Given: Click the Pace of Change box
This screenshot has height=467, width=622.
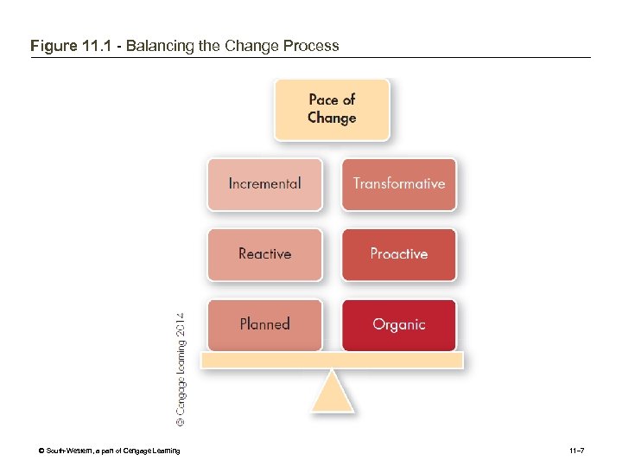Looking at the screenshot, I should (332, 109).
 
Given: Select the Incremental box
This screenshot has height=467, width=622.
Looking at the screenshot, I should (264, 183).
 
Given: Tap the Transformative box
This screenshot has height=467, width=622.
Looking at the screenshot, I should (398, 183).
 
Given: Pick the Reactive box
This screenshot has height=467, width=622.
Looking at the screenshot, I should (264, 254).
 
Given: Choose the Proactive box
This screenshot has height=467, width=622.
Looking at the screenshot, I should (398, 254).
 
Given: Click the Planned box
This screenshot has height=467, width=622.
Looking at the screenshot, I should (264, 324).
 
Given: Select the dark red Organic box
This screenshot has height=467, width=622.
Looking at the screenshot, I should (398, 324).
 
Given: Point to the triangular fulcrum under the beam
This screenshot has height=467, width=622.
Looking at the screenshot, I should (332, 394).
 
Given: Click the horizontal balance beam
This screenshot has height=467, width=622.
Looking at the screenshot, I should (332, 361).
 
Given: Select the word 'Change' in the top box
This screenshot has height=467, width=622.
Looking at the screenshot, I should (332, 118).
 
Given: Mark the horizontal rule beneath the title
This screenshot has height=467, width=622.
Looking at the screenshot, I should (311, 58).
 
